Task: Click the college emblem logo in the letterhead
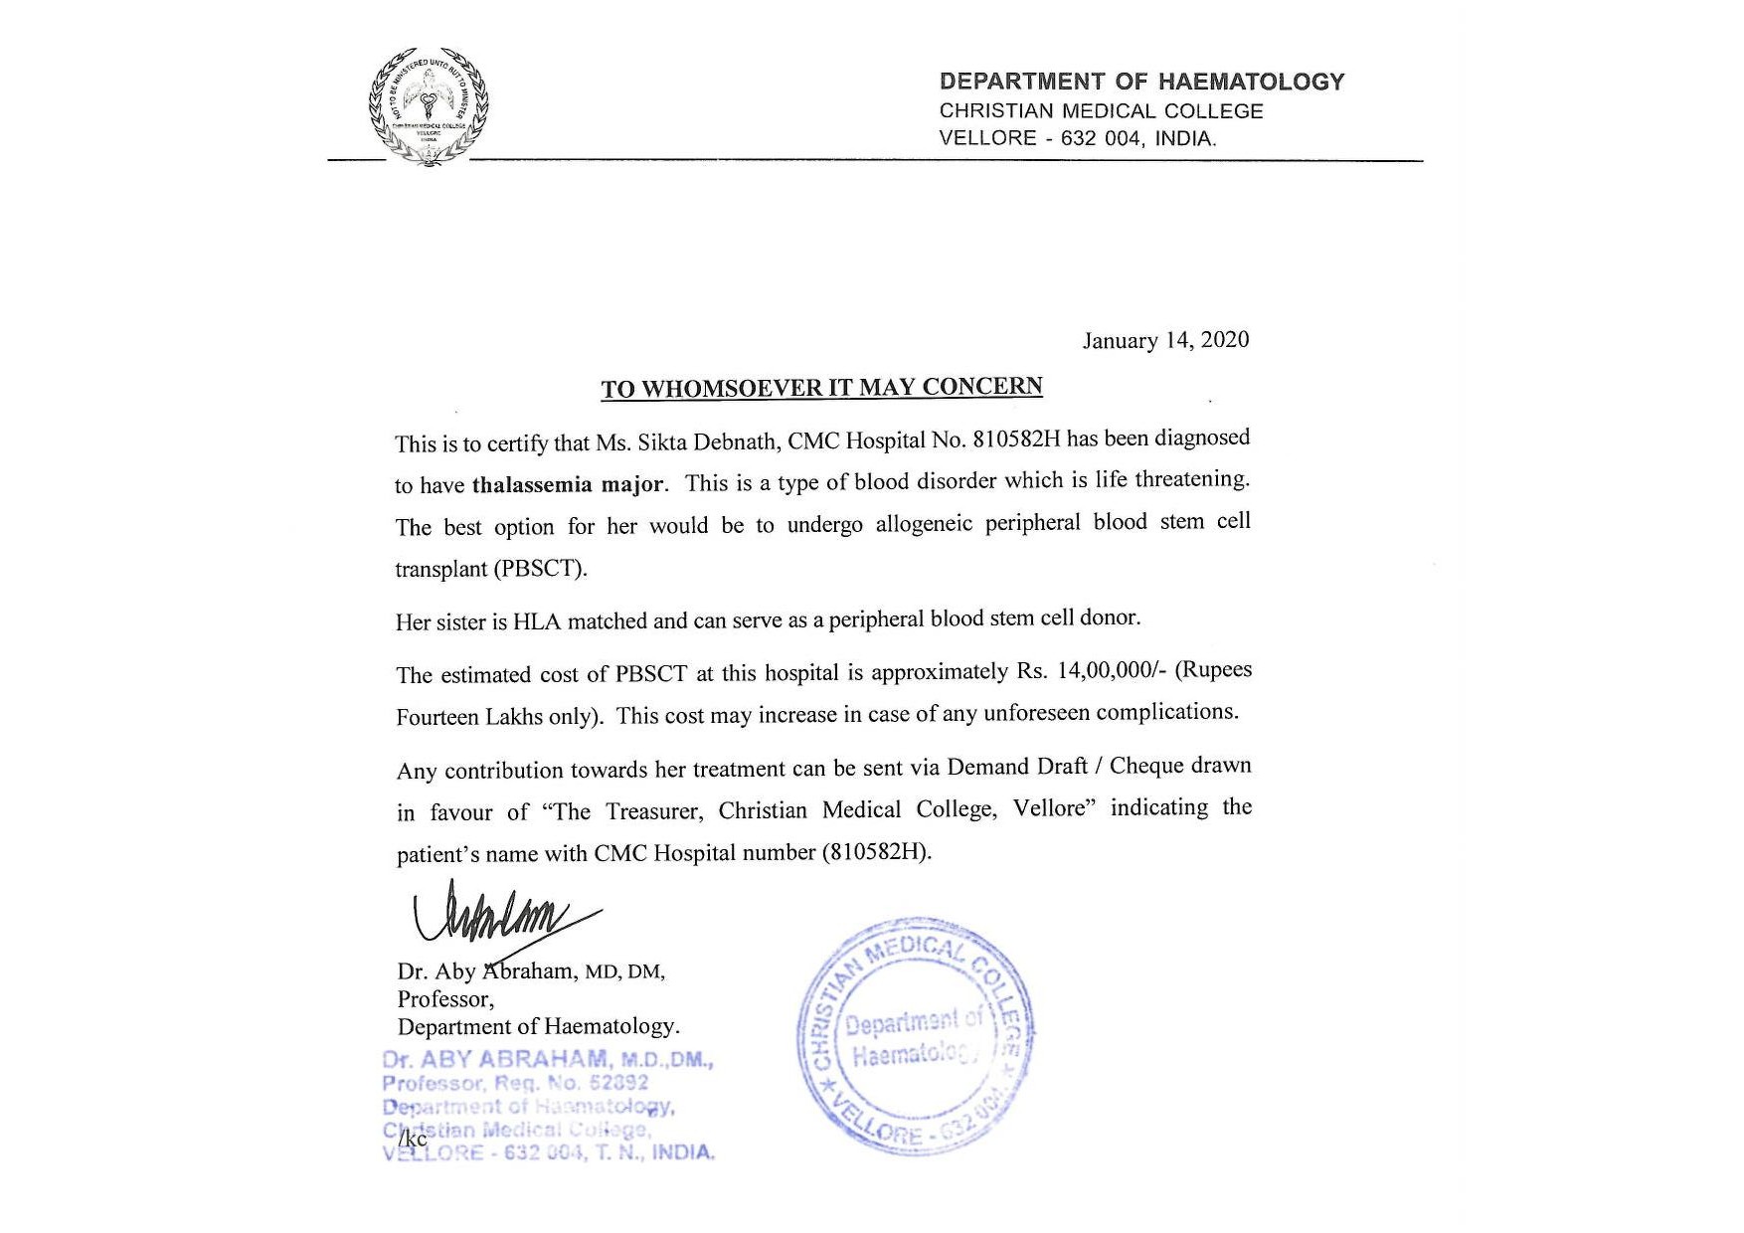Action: pos(429,105)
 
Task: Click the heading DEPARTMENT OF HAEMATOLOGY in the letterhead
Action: pos(1141,82)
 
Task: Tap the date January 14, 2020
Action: pos(1165,340)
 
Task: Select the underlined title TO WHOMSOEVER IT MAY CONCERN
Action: pos(821,387)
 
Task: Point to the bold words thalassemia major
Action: pos(568,485)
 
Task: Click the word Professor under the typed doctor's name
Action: pos(443,998)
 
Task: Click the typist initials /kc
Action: pos(413,1140)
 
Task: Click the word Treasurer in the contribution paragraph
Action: pos(652,811)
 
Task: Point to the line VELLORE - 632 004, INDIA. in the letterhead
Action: pos(1078,139)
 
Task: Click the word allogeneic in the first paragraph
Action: pos(924,524)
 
